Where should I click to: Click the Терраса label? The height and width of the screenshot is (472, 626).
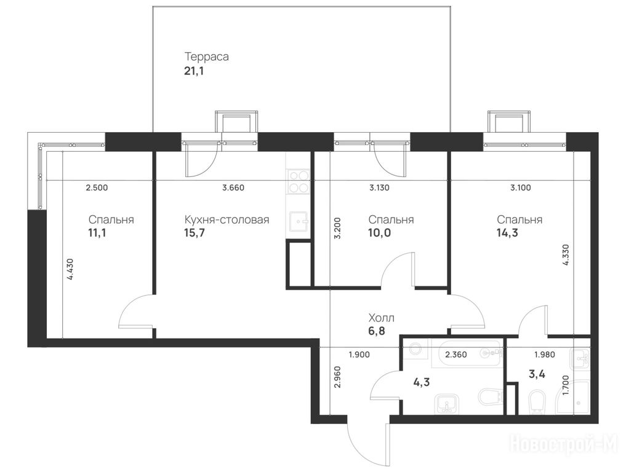tap(206, 57)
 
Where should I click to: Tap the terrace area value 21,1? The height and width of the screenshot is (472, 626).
tap(194, 72)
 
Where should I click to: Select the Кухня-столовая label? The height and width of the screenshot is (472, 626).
tap(227, 219)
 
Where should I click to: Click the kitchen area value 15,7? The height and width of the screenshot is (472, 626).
tap(195, 233)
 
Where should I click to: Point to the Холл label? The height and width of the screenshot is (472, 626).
tap(381, 318)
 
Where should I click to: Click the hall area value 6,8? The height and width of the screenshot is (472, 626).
tap(377, 331)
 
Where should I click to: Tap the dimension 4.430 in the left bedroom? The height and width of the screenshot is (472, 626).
tap(70, 269)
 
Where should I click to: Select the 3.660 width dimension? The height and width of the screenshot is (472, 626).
tap(233, 187)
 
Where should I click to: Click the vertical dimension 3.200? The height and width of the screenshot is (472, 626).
tap(337, 227)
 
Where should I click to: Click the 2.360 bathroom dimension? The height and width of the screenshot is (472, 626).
tap(456, 355)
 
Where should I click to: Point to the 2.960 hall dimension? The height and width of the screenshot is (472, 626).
tap(337, 377)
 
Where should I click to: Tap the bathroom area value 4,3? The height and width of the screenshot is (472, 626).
tap(422, 383)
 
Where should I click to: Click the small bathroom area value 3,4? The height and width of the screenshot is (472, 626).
tap(537, 374)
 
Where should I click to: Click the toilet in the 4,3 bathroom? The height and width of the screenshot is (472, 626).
tap(489, 397)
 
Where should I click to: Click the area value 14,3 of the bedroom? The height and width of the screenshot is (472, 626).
tap(507, 233)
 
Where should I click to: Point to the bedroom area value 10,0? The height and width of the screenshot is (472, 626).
tap(380, 233)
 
